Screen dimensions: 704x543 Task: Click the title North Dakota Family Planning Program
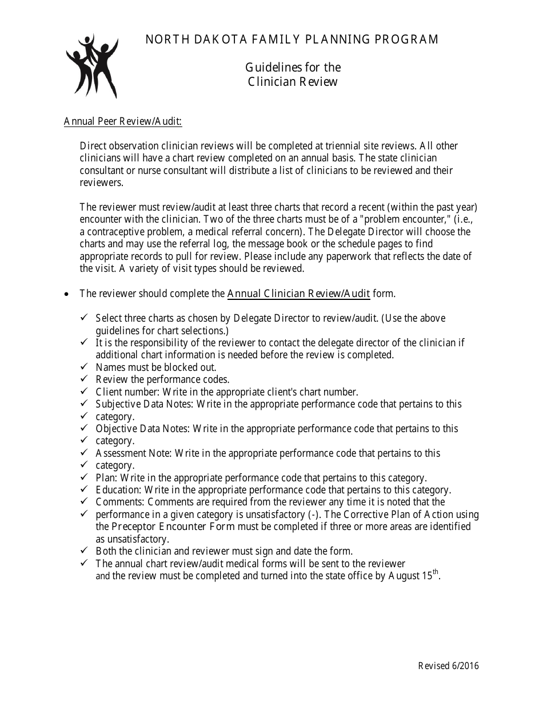click(x=292, y=39)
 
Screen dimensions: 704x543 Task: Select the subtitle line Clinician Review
click(x=293, y=82)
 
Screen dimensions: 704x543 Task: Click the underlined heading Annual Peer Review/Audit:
click(x=123, y=121)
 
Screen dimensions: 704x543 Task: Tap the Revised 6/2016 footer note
click(x=448, y=666)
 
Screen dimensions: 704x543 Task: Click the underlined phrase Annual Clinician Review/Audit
click(x=298, y=294)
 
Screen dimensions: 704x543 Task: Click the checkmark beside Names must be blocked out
click(x=84, y=366)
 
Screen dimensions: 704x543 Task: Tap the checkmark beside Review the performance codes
click(x=84, y=379)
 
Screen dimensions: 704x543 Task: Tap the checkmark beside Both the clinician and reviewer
click(x=84, y=551)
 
